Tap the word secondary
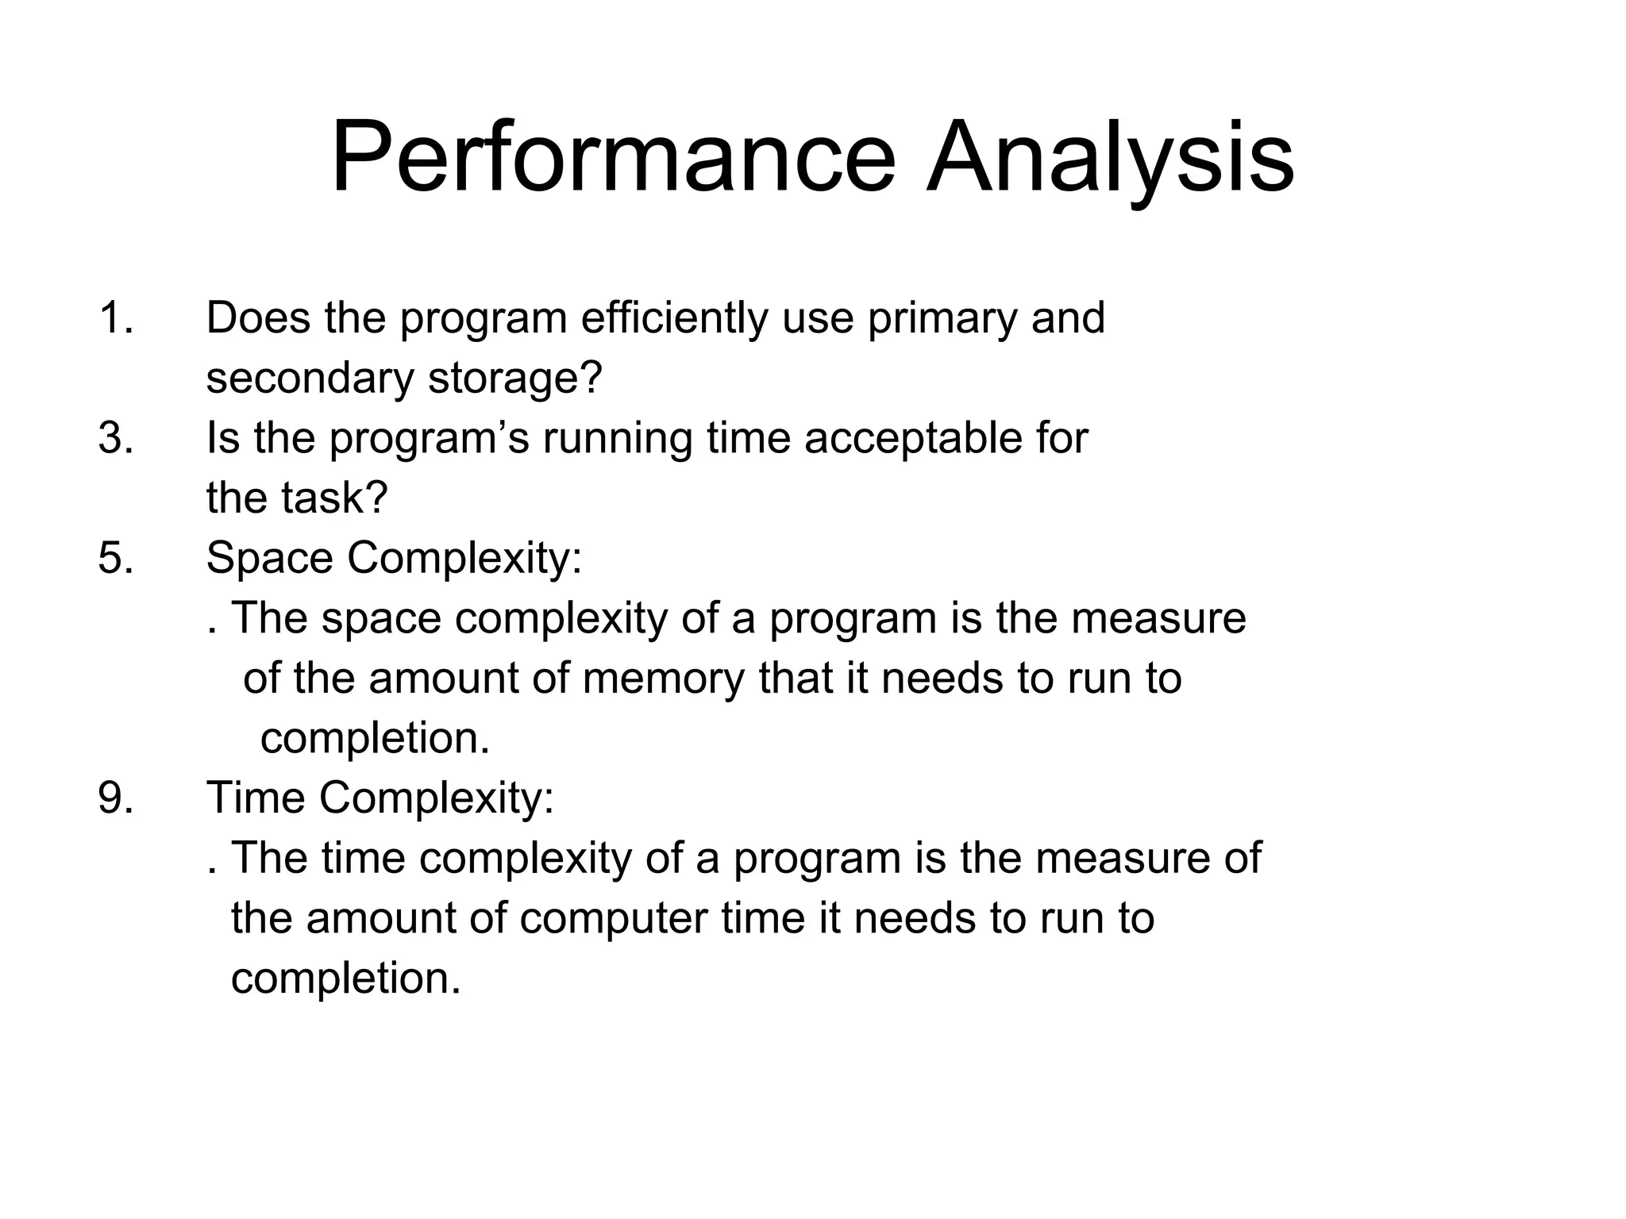310,378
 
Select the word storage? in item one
515,379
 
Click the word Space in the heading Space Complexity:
269,560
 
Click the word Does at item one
258,318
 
